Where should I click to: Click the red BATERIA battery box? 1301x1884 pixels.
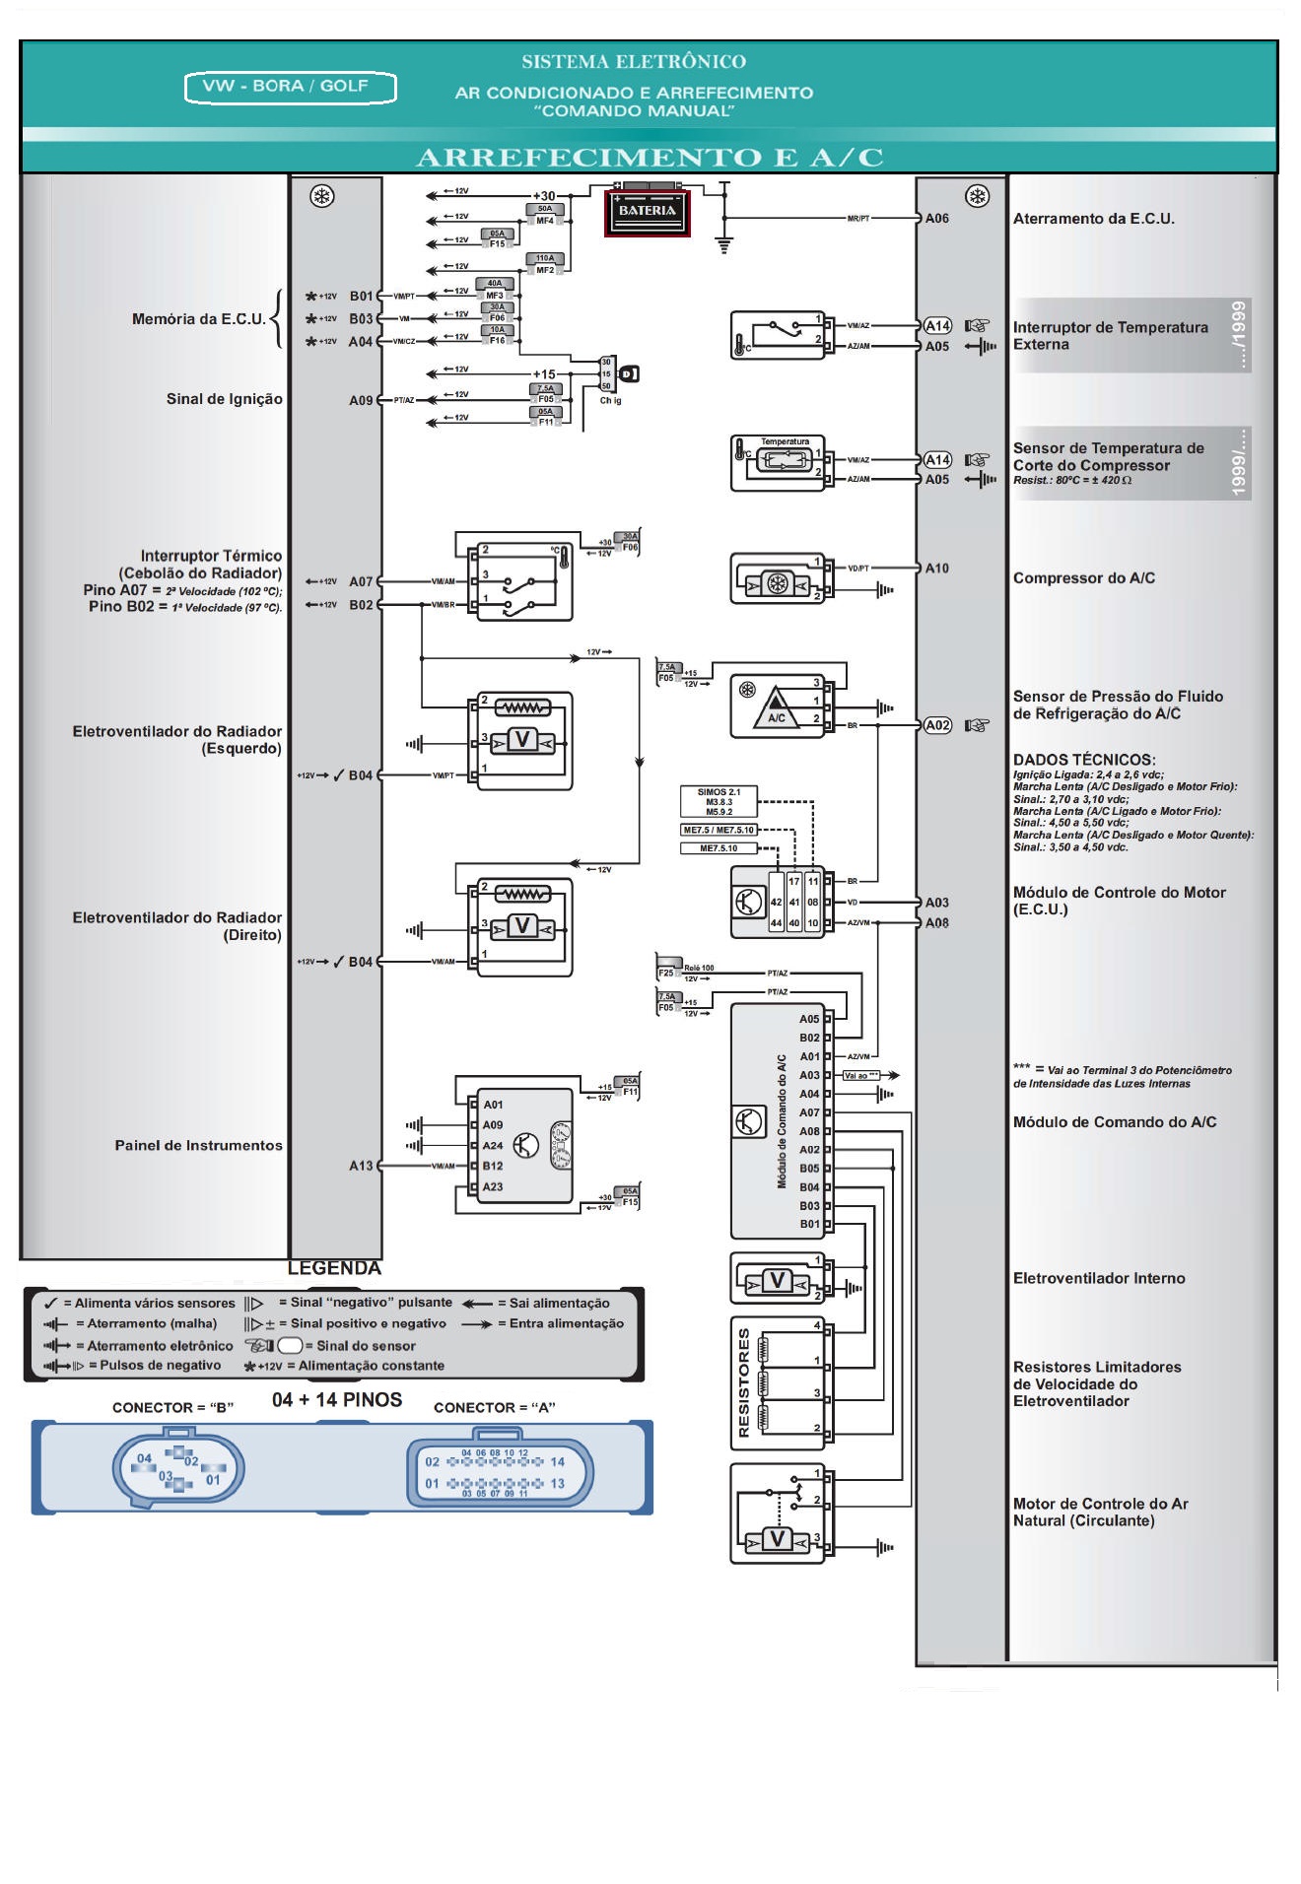coord(647,211)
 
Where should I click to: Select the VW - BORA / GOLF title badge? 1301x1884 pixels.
coord(290,87)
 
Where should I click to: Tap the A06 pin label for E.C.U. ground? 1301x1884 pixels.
coord(936,219)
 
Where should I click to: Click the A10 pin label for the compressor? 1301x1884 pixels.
coord(936,569)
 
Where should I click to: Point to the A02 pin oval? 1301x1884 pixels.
coord(937,725)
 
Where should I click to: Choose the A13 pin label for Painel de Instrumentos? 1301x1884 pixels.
coord(361,1166)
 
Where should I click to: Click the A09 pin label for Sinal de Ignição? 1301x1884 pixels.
coord(361,400)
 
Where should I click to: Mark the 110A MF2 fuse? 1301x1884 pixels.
coord(545,264)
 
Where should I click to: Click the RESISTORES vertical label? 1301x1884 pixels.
coord(744,1382)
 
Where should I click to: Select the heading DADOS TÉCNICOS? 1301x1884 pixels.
coord(1084,760)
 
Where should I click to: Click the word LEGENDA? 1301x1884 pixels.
coord(334,1268)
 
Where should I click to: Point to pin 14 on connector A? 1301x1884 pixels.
coord(557,1462)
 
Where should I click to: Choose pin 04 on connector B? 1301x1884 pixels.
coord(145,1458)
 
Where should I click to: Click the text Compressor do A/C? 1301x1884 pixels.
coord(1083,578)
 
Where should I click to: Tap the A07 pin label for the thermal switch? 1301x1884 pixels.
coord(361,581)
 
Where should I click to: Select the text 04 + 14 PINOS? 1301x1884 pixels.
coord(337,1400)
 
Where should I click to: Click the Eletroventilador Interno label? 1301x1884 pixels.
coord(1099,1278)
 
